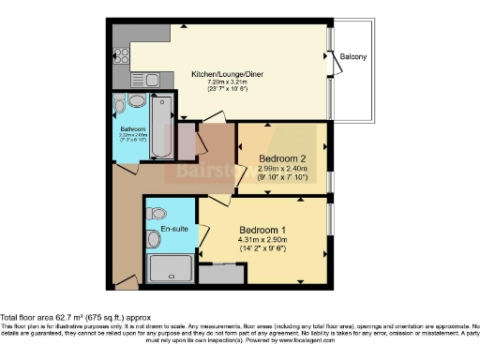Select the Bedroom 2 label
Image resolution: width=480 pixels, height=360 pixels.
coord(281,159)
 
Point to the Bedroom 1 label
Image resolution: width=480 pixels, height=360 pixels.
coord(263,231)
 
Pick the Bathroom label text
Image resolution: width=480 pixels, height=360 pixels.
coord(131,128)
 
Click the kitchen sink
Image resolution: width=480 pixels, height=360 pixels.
coord(146,79)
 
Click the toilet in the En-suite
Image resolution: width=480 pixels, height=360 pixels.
coord(157,212)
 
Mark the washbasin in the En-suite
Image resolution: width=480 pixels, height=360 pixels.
coord(154,240)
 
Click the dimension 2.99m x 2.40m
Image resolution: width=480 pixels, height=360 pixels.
coord(281,169)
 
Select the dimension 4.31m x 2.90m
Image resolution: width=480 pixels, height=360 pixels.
coord(263,241)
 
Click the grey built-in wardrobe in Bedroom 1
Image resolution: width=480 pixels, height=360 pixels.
coord(222,273)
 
